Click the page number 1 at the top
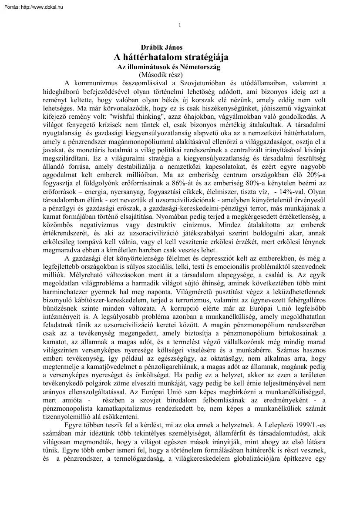click(180, 25)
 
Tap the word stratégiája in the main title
click(204, 57)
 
